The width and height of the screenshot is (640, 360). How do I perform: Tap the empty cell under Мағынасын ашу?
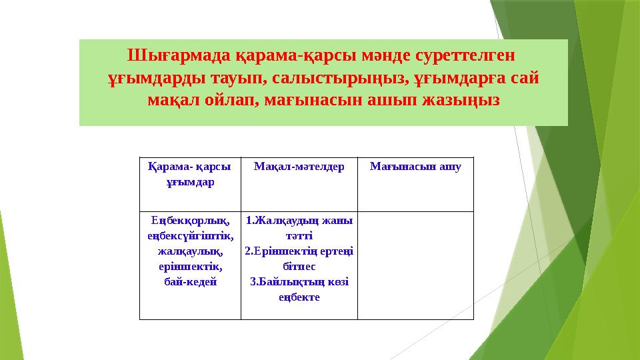pos(415,265)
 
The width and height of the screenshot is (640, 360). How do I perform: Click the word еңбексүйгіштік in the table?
pos(190,236)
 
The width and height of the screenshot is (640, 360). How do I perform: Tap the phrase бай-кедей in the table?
pos(190,282)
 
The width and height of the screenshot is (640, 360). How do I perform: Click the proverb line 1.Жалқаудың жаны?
pos(299,221)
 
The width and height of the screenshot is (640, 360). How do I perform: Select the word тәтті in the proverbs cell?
pos(299,236)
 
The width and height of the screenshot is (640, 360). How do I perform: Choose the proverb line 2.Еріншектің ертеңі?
pos(299,251)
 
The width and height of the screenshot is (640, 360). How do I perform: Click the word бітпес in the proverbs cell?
pos(299,267)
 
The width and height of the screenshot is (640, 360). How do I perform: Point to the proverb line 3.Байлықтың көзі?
pos(299,282)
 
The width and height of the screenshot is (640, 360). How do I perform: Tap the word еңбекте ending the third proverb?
pos(299,297)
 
